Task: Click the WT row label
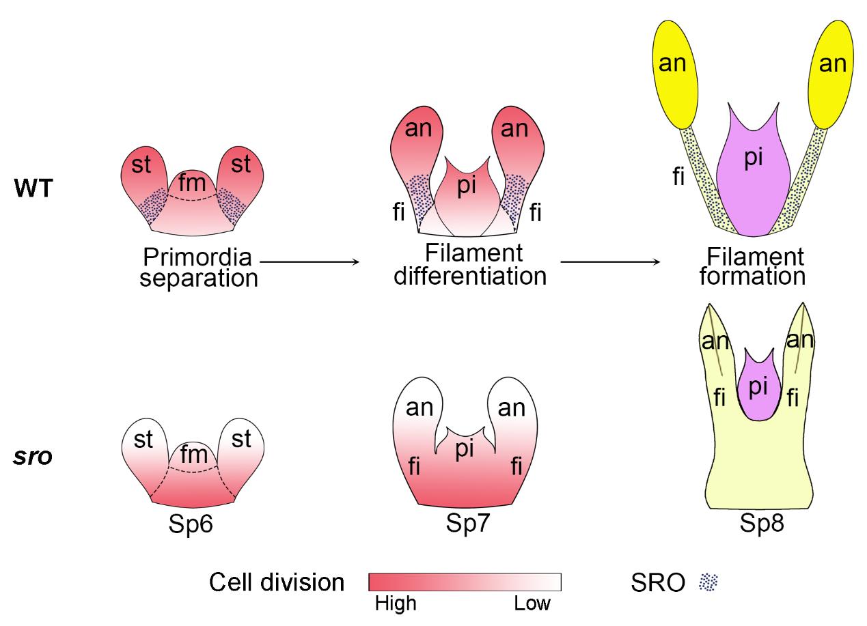[33, 188]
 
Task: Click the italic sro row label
[33, 456]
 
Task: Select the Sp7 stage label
[467, 524]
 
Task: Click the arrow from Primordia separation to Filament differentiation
[309, 261]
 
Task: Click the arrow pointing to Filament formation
[609, 261]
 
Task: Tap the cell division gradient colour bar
[465, 582]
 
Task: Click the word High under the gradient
[396, 603]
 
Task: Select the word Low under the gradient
[533, 603]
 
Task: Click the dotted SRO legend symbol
[708, 582]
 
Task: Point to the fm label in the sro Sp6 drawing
[193, 455]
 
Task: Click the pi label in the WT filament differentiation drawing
[467, 186]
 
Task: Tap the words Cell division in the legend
[277, 582]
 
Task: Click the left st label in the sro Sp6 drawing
[143, 440]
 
